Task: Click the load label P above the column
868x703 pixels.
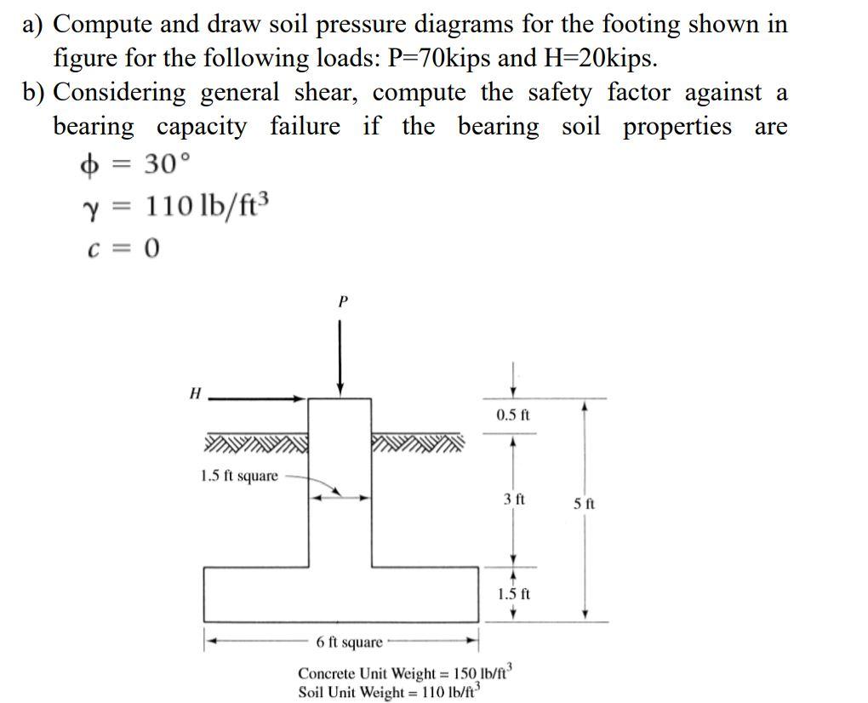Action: [342, 301]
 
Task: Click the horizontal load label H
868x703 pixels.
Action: [195, 393]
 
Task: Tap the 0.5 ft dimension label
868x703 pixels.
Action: [512, 415]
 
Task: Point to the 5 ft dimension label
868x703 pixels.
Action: [584, 504]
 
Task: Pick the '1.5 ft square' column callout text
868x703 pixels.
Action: [239, 476]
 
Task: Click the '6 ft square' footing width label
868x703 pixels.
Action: [349, 641]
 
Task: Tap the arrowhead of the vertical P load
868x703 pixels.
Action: [340, 389]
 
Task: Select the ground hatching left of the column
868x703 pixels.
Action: [255, 443]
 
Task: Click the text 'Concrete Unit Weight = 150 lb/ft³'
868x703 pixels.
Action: [403, 672]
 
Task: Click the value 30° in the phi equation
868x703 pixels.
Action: [161, 163]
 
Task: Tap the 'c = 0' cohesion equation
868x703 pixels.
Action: [123, 248]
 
